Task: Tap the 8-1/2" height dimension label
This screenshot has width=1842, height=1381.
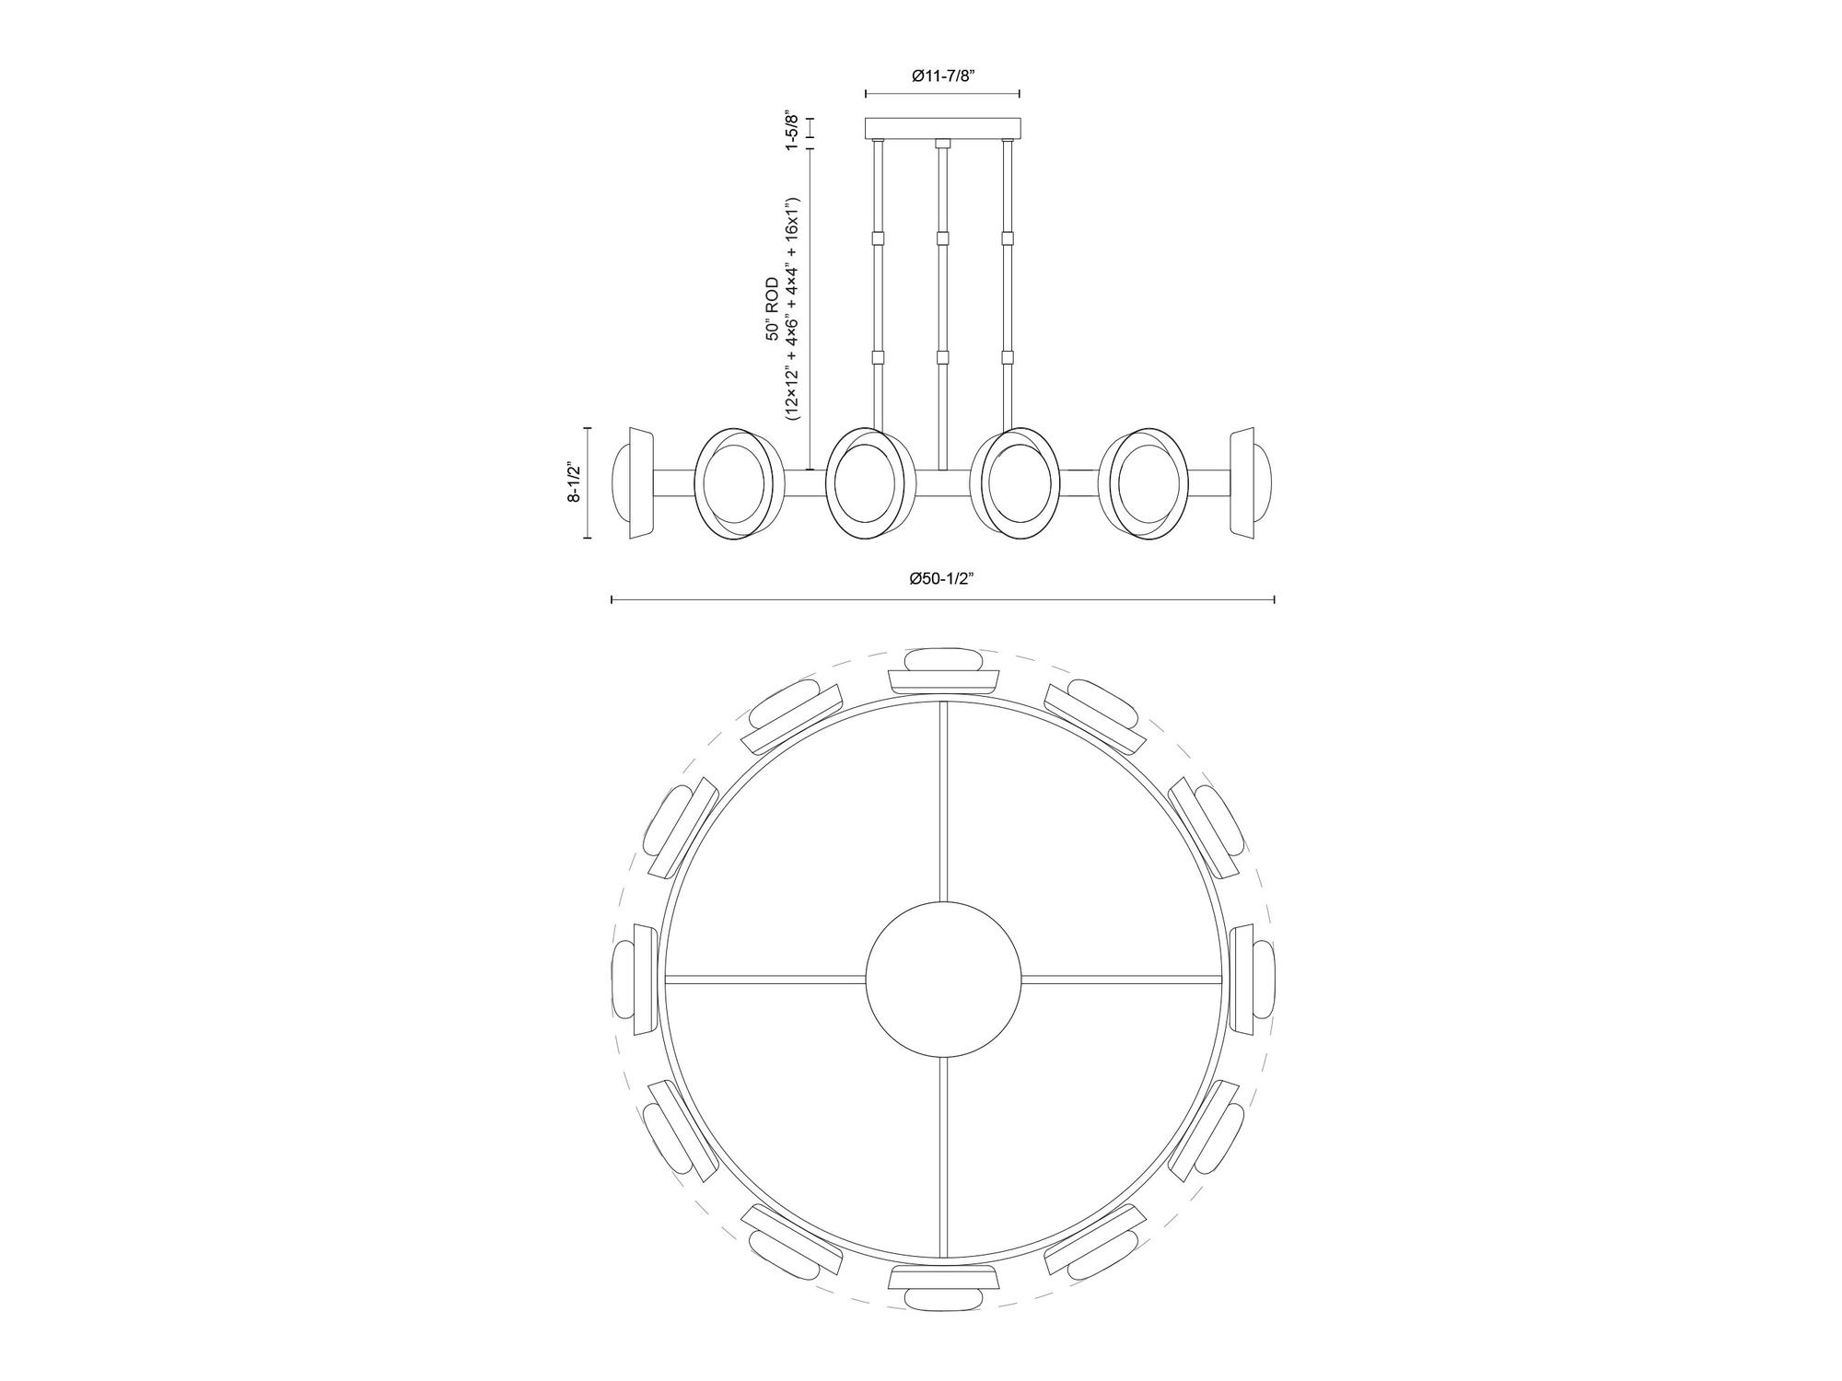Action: point(574,482)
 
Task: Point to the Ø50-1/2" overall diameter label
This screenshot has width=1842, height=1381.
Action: point(941,578)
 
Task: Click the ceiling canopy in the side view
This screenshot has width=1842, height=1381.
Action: point(942,127)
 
